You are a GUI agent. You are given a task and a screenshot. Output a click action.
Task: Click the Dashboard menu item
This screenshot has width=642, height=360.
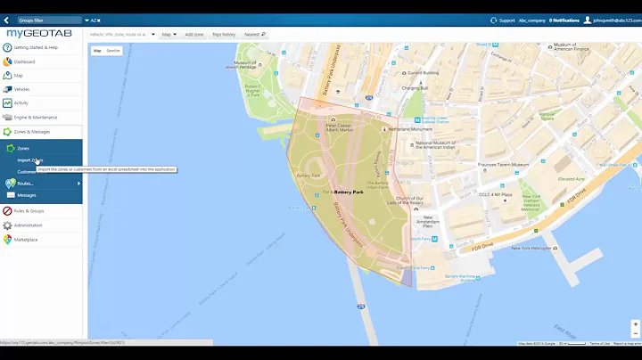24,61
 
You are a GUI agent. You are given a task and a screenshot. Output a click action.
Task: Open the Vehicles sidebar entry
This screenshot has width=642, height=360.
21,89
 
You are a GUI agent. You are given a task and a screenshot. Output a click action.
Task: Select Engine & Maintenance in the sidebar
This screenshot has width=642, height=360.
35,117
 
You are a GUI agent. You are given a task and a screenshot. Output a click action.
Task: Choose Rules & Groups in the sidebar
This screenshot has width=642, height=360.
29,211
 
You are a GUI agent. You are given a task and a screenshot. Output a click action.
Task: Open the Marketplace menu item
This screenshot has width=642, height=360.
26,239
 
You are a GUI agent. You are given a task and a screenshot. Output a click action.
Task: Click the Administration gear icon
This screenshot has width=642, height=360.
7,225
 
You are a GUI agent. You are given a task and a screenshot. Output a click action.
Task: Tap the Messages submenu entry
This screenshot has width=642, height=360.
27,195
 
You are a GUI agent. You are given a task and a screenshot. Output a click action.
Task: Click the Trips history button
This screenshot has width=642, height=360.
223,34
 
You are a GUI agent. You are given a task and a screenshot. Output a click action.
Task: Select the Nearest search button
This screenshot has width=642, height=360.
254,34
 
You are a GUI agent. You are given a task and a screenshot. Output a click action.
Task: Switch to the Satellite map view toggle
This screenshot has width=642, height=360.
113,51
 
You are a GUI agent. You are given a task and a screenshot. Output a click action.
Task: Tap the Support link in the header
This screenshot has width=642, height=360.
506,20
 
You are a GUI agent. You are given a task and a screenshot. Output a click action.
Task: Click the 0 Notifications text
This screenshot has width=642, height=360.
564,20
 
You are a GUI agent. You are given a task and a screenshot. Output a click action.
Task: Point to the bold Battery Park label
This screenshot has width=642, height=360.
349,192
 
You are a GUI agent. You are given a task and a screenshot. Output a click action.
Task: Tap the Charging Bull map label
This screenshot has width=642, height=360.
415,88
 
